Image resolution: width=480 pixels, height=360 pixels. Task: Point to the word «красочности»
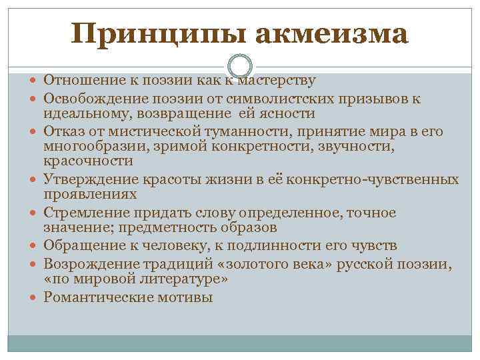[88, 161]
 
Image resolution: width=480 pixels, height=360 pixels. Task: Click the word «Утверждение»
[89, 179]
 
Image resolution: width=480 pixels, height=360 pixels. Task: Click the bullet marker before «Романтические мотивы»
[35, 297]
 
